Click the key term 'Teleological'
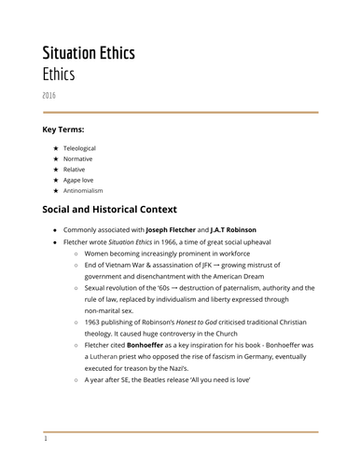click(x=78, y=148)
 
